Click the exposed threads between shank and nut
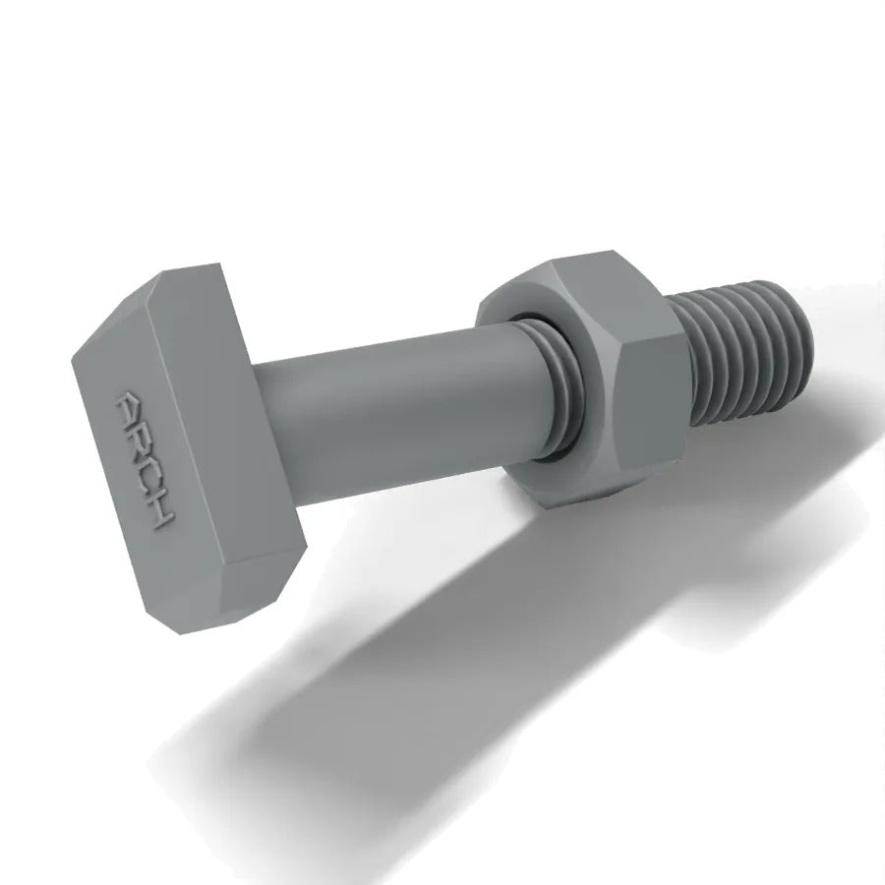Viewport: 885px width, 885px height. [558, 389]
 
